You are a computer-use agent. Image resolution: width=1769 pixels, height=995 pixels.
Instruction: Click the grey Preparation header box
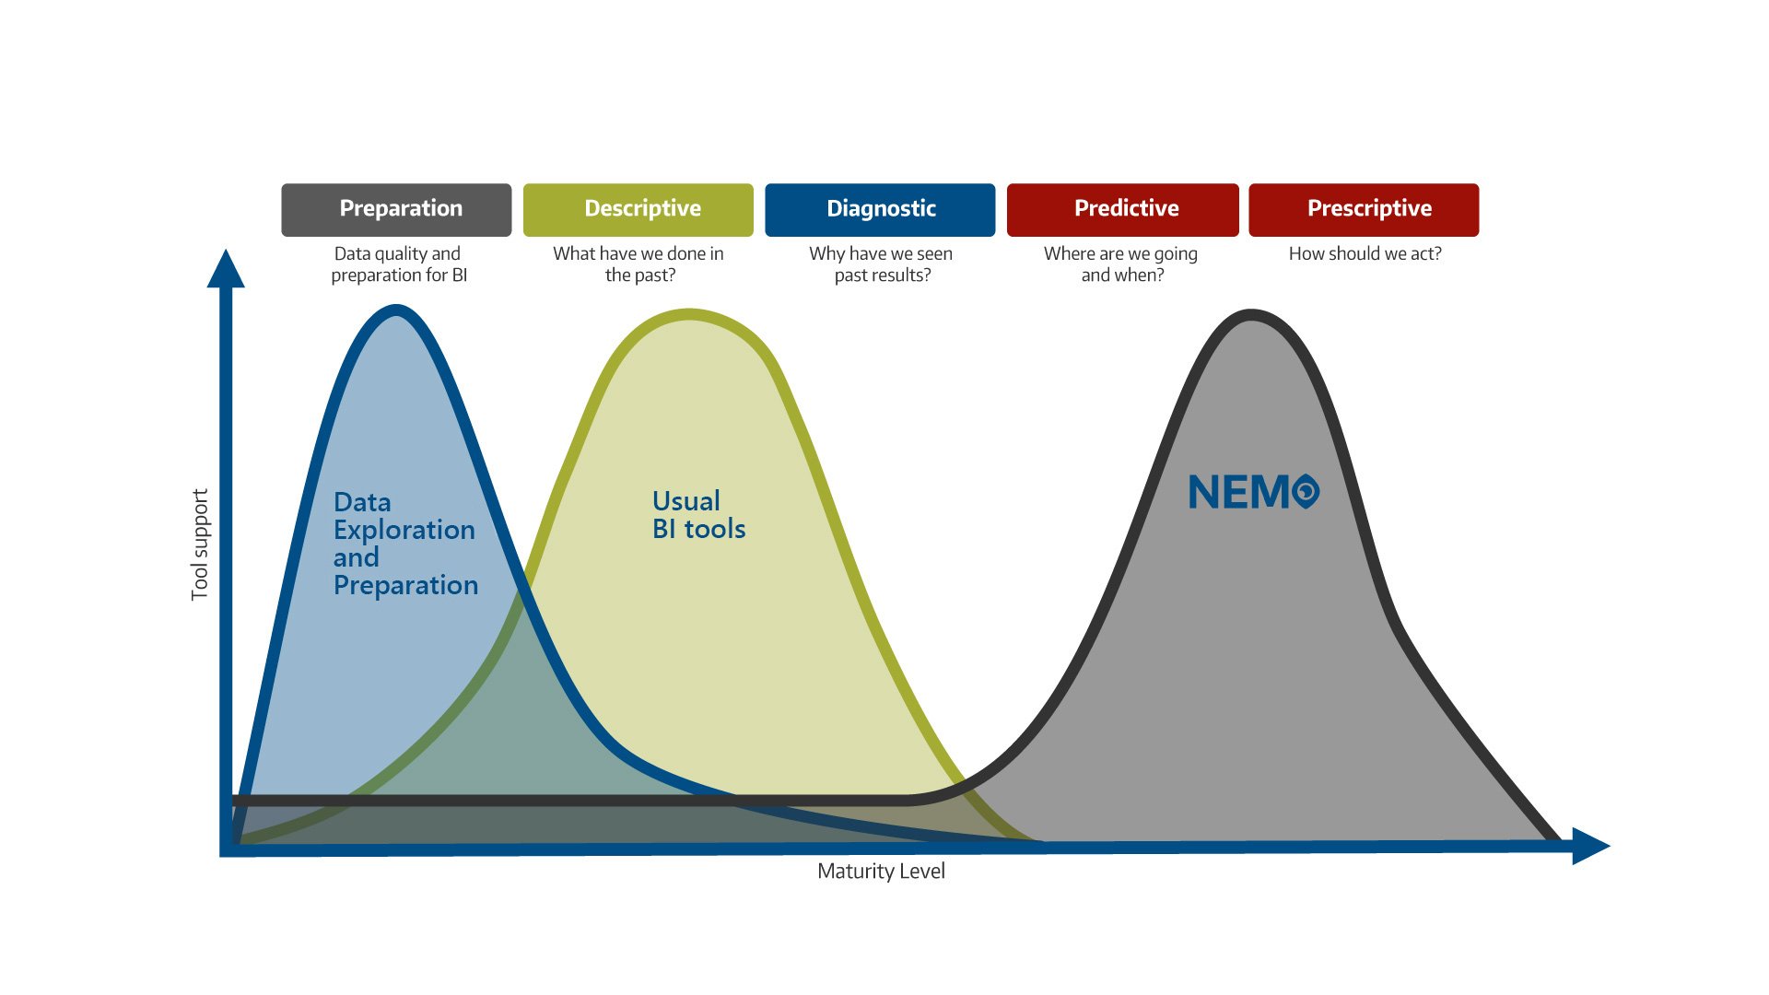pos(396,209)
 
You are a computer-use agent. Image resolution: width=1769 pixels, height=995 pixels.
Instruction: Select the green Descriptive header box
pos(638,209)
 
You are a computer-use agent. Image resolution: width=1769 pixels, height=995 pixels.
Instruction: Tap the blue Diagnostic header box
pos(880,209)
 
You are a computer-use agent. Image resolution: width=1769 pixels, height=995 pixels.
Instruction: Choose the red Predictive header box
pos(1122,209)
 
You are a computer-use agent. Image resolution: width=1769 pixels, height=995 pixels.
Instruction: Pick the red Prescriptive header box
pos(1364,209)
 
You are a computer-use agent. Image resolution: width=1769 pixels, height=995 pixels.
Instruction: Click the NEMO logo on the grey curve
pos(1253,492)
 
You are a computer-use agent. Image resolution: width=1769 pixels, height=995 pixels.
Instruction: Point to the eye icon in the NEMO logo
pos(1306,491)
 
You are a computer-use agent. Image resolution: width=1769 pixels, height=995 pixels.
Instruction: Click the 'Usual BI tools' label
pos(698,515)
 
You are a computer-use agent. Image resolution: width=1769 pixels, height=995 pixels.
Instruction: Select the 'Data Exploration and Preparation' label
pos(405,544)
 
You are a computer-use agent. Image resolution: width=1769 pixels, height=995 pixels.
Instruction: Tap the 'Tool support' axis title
pos(200,544)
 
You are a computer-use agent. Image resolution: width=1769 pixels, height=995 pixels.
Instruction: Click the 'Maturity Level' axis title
pos(881,872)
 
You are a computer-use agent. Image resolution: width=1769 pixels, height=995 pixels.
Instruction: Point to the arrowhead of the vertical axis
pos(226,268)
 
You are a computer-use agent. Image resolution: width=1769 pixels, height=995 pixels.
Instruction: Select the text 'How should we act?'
pos(1365,254)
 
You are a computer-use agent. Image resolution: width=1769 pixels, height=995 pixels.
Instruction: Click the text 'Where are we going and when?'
pos(1121,264)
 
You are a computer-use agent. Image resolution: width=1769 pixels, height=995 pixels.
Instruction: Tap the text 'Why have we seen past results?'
pos(881,264)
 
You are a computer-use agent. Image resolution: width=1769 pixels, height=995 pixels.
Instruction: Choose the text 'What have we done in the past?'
pos(638,264)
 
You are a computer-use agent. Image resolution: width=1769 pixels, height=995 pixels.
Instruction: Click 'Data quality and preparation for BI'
pos(398,264)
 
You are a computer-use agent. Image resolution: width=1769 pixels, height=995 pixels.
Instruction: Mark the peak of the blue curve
pos(396,310)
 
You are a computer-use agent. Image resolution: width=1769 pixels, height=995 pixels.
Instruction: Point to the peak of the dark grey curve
pos(1251,315)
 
